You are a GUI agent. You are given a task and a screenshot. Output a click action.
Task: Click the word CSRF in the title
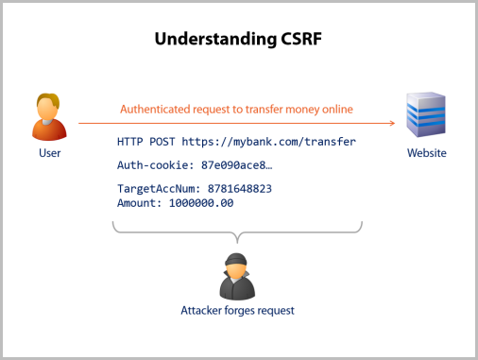(302, 41)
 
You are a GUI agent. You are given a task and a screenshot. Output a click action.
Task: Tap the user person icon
(49, 116)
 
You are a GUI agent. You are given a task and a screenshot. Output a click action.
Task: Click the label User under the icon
(50, 152)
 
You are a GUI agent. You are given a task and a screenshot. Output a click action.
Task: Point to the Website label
(426, 152)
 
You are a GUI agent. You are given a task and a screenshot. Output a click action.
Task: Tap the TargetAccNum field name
(155, 188)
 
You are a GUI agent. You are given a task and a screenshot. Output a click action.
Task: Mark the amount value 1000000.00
(201, 202)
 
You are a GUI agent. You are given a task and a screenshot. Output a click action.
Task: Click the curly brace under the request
(237, 230)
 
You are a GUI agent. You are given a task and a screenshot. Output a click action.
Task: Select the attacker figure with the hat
(237, 275)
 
